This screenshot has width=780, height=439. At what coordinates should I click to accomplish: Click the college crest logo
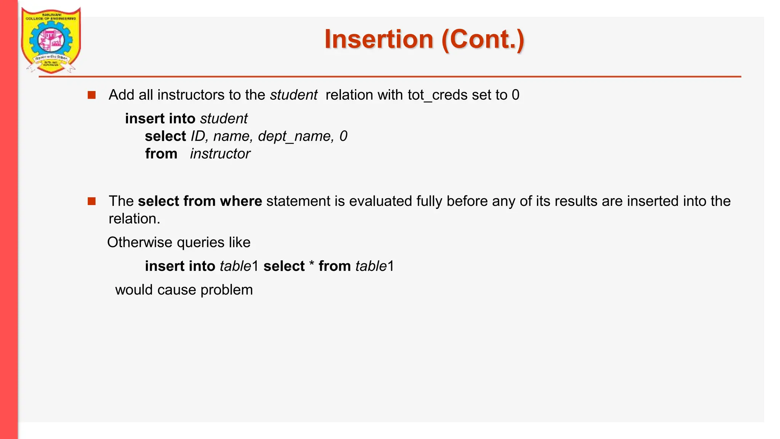coord(51,40)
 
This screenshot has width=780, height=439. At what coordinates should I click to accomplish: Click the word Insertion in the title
coord(379,39)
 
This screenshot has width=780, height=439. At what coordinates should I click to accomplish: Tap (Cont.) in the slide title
coord(483,39)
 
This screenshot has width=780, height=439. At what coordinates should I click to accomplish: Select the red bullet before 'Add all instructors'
coord(91,95)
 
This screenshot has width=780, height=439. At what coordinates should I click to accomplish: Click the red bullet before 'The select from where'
coord(91,201)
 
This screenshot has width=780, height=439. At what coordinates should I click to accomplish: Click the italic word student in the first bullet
coord(293,95)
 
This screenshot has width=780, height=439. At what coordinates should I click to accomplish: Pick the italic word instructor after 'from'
coord(220,154)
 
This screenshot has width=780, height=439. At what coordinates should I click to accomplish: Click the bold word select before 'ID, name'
coord(165,136)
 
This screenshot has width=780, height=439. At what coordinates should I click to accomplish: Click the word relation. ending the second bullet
coord(134,219)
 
